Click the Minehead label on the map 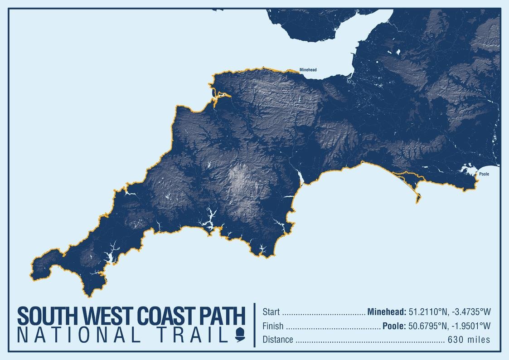(x=308, y=70)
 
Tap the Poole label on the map (x=484, y=174)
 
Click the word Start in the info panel (x=271, y=312)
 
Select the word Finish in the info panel (x=273, y=326)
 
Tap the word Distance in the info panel (x=277, y=340)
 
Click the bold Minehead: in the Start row (x=387, y=312)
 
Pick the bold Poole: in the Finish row (x=394, y=326)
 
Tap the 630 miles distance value (x=469, y=340)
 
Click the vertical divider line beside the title (x=255, y=325)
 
